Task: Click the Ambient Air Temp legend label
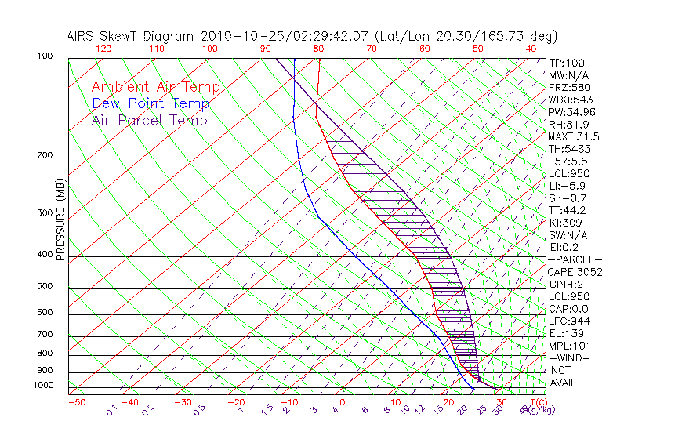pyautogui.click(x=155, y=87)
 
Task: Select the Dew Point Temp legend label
pyautogui.click(x=150, y=103)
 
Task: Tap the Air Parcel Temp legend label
pyautogui.click(x=149, y=120)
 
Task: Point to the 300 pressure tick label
pyautogui.click(x=45, y=213)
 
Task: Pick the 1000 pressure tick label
pyautogui.click(x=43, y=386)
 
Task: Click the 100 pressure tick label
pyautogui.click(x=45, y=56)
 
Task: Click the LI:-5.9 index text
pyautogui.click(x=567, y=186)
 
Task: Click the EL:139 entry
pyautogui.click(x=565, y=333)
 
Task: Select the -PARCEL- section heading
pyautogui.click(x=575, y=259)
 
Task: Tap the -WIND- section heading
pyautogui.click(x=570, y=357)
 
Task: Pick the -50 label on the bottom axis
pyautogui.click(x=77, y=402)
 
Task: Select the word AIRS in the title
pyautogui.click(x=82, y=36)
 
